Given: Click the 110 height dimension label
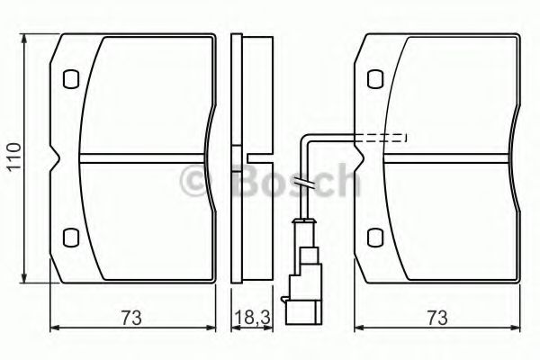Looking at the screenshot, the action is (x=14, y=157).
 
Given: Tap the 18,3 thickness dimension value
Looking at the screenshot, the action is (x=252, y=318).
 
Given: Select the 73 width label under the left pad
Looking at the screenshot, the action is (x=131, y=318).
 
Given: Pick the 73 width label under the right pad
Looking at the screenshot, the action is (x=437, y=318).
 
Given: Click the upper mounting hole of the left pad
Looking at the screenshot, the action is (x=71, y=79).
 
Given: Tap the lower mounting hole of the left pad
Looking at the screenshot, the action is (x=71, y=237).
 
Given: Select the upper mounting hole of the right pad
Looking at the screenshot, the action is (x=375, y=79).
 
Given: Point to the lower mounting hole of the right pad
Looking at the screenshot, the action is (x=375, y=237).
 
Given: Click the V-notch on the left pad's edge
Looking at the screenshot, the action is (x=55, y=157).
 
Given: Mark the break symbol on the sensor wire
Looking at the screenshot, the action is (x=303, y=184).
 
